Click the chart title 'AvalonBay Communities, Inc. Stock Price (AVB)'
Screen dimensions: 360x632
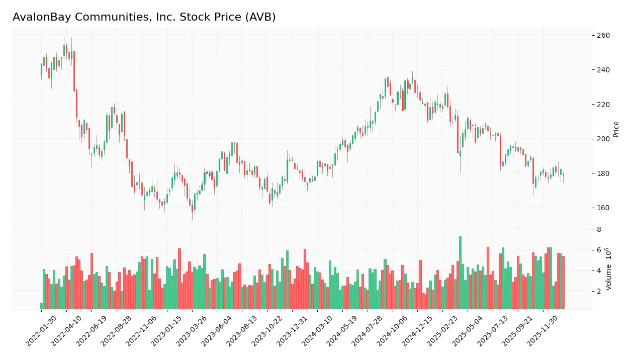(x=144, y=17)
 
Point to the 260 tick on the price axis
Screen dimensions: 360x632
(x=603, y=36)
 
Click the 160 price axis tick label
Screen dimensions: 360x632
(x=603, y=208)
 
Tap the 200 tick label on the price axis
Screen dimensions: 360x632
(x=603, y=139)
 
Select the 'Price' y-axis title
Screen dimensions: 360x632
(x=616, y=129)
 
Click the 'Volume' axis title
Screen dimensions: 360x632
(x=608, y=269)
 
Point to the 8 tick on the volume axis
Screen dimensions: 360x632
(x=599, y=230)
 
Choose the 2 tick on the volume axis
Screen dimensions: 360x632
(x=599, y=292)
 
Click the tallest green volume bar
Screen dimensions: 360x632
(x=460, y=273)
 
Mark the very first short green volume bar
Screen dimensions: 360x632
(x=42, y=306)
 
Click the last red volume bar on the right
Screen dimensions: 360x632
(x=563, y=282)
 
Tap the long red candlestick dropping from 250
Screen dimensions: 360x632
(x=74, y=71)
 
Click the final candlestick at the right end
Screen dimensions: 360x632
(x=563, y=175)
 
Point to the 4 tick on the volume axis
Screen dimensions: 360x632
(x=599, y=271)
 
